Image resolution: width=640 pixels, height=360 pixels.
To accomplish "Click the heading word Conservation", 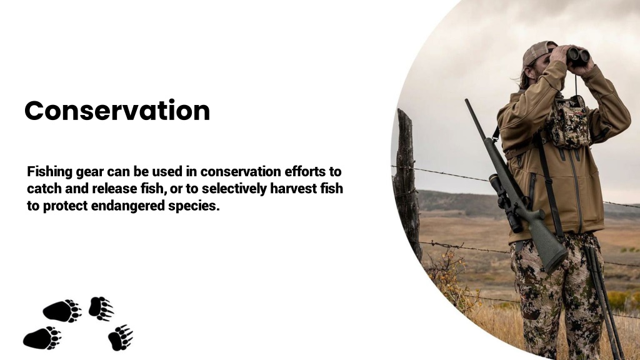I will [x=117, y=111].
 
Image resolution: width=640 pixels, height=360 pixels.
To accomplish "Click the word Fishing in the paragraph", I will [x=49, y=171].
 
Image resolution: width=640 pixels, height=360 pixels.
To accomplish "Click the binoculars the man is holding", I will [x=578, y=56].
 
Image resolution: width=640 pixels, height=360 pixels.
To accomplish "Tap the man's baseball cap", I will [x=537, y=52].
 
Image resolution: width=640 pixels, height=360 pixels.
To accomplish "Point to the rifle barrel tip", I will [x=467, y=102].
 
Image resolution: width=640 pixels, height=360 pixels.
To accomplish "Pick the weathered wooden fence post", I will [x=407, y=181].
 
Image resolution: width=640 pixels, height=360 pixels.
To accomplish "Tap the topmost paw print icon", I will [x=100, y=307].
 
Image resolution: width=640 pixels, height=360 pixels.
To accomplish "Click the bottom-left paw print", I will [x=41, y=337].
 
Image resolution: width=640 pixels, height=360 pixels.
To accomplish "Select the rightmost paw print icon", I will [x=120, y=337].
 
